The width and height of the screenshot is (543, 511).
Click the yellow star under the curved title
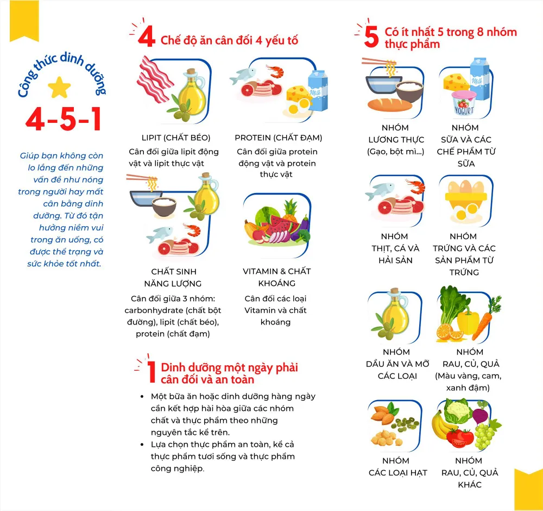(59, 87)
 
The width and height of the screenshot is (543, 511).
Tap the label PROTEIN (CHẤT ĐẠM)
(278, 138)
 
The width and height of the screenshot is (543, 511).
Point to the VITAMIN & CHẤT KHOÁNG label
(277, 277)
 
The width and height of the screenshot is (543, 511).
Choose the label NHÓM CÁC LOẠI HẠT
(397, 466)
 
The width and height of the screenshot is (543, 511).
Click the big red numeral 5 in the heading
(371, 37)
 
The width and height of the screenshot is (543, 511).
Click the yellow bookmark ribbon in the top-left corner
(24, 19)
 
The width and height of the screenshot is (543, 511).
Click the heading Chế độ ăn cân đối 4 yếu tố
(229, 40)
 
